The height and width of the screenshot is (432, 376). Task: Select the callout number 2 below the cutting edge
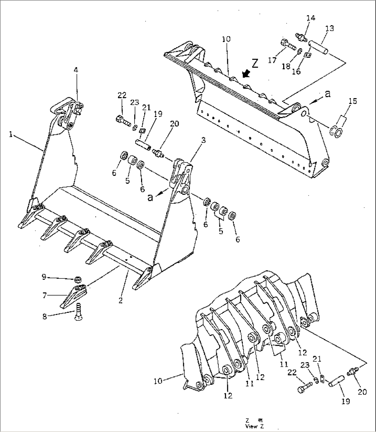coord(120,300)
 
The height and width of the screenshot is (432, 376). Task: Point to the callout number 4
coord(76,70)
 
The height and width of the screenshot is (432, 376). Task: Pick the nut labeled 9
coord(78,279)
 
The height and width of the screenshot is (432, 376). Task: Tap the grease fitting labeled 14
coord(300,36)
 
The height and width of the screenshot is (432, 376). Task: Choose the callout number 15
coord(353,101)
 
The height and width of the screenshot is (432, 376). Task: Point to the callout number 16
coord(296,71)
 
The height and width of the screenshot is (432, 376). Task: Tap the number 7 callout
coord(45,295)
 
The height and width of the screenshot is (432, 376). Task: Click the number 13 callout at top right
coord(330,28)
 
